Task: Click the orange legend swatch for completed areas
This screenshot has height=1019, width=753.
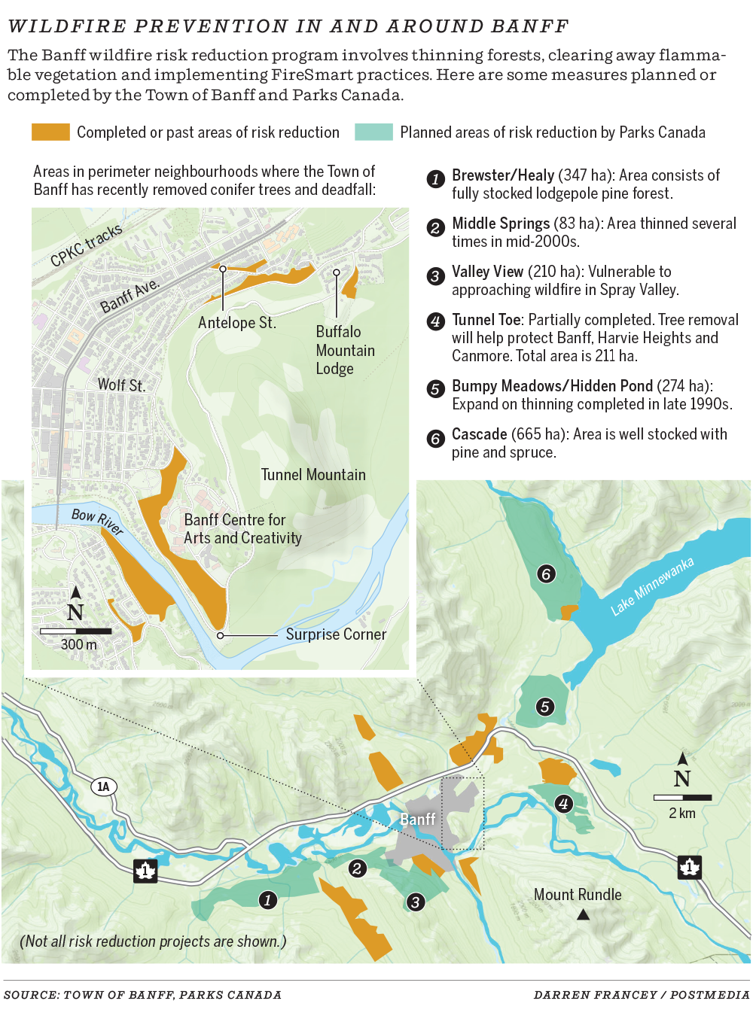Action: [x=50, y=132]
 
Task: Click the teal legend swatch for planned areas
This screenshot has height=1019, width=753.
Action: [x=373, y=132]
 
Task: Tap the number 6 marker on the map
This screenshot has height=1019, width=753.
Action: [x=546, y=574]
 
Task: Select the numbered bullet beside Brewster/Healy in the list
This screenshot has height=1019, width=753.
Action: [x=435, y=179]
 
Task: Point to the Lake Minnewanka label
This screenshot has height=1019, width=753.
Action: [x=651, y=586]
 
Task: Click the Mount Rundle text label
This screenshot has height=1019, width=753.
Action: [x=578, y=895]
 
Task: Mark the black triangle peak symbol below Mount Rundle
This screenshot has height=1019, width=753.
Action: [x=583, y=915]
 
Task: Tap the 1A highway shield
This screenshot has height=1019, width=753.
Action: [x=103, y=787]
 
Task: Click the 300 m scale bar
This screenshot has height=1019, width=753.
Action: [x=75, y=631]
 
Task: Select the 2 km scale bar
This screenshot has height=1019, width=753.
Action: [x=682, y=797]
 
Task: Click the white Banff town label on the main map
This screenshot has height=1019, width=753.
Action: [x=417, y=819]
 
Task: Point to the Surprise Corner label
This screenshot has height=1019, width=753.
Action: [x=336, y=634]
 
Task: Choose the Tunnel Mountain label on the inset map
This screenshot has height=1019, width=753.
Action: [x=313, y=475]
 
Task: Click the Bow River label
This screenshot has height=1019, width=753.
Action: [x=97, y=521]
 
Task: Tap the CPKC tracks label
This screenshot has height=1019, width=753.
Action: [x=86, y=246]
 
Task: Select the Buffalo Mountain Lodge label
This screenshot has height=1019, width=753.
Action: [x=345, y=351]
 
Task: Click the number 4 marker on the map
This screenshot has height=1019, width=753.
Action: [x=562, y=804]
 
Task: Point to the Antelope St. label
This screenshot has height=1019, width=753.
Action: [x=237, y=323]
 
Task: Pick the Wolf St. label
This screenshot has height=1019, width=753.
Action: [x=121, y=385]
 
